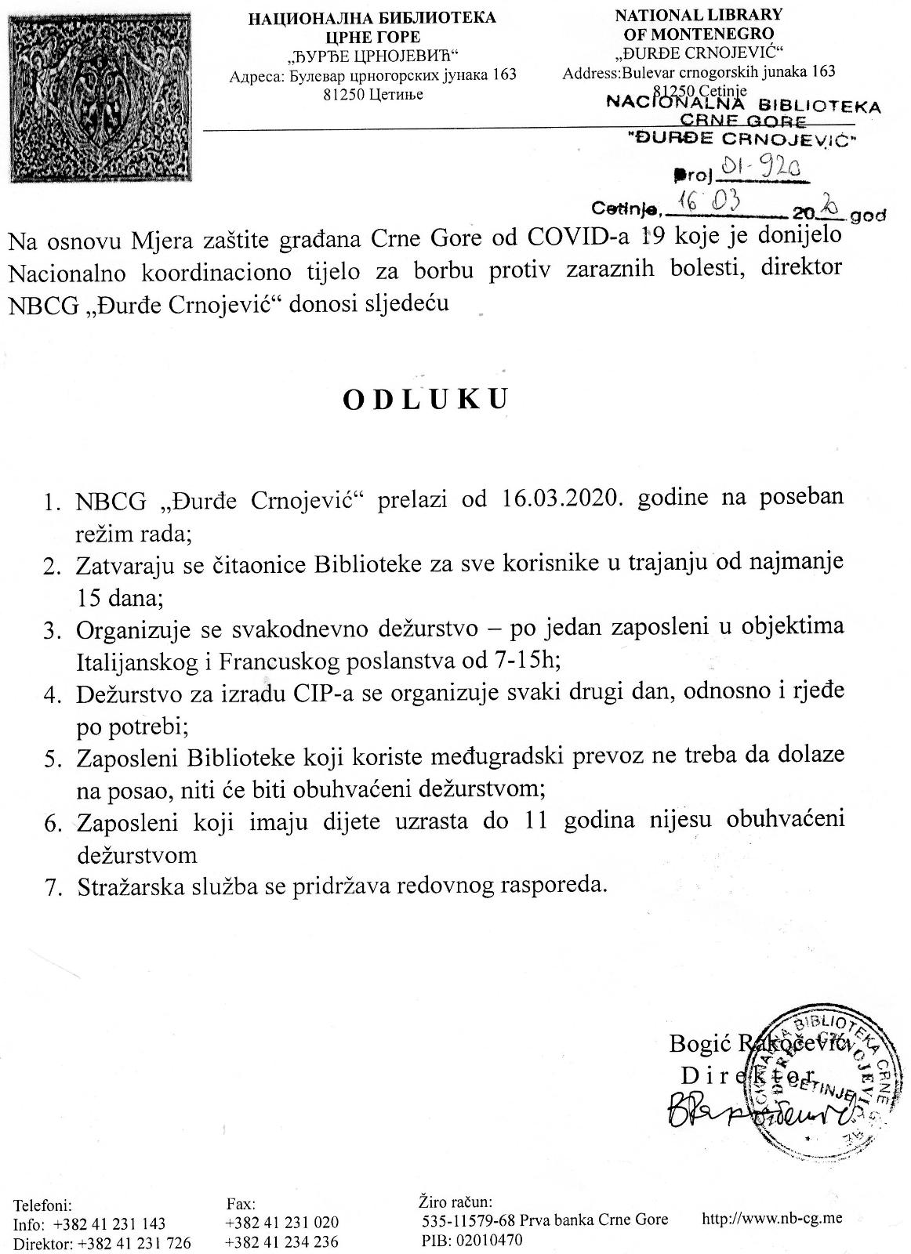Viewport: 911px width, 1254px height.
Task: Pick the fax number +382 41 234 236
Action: (x=281, y=1241)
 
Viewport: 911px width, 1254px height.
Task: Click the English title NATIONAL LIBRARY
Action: (x=699, y=15)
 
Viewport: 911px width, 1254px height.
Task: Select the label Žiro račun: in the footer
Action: (x=455, y=1201)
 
